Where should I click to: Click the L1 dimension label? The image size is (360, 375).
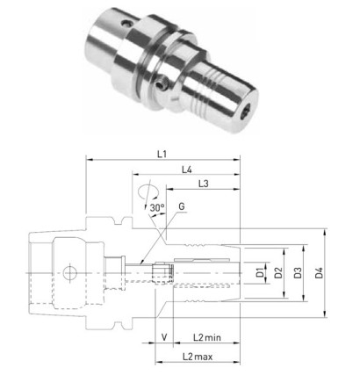pos(162,154)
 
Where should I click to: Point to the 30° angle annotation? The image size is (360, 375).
pos(157,208)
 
